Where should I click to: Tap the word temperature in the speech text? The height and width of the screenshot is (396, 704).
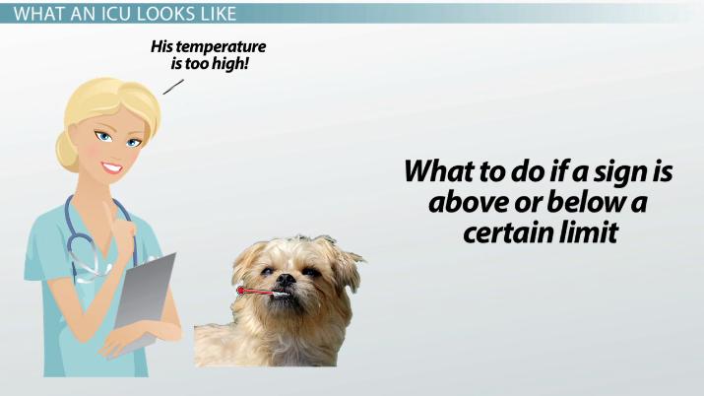[x=224, y=46]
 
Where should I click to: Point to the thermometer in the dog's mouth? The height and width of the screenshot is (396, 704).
[x=260, y=292]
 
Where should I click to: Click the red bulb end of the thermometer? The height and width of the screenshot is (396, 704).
[x=239, y=290]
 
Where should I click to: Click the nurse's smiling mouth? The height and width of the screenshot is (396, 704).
[x=115, y=167]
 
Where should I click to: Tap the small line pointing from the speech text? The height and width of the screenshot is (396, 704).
[x=173, y=86]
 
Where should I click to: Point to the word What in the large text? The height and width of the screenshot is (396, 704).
[x=439, y=173]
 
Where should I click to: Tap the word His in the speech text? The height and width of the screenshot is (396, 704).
[x=163, y=46]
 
